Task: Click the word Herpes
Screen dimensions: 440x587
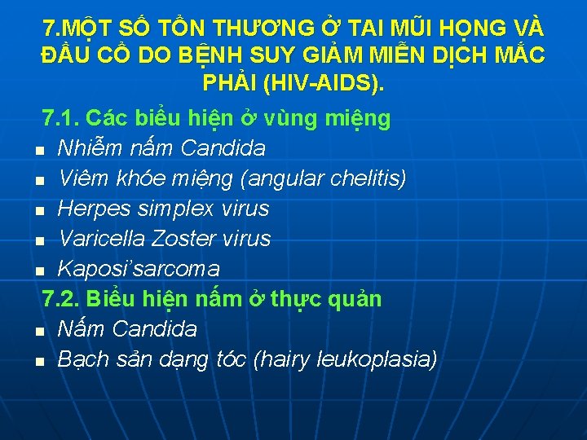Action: [90, 209]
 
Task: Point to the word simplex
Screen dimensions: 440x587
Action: [172, 209]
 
